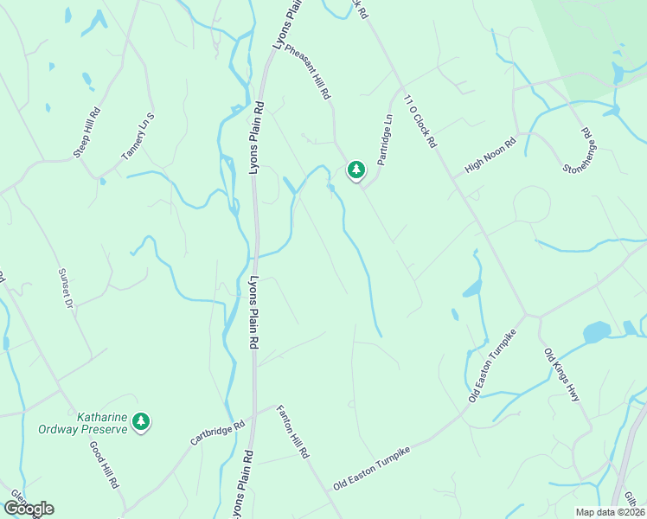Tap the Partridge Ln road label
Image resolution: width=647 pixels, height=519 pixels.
(x=387, y=140)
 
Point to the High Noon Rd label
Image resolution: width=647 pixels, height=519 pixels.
(x=490, y=155)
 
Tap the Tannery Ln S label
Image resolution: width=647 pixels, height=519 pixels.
(x=138, y=137)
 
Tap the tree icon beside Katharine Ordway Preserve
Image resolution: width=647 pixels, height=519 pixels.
(x=141, y=422)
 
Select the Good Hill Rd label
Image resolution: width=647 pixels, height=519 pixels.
(x=104, y=466)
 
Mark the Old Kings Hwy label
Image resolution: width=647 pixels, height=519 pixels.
(x=561, y=374)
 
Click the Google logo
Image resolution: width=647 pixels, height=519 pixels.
(x=29, y=509)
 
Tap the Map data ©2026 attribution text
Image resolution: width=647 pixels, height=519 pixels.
(x=610, y=512)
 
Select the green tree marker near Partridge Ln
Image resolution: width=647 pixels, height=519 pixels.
(x=356, y=170)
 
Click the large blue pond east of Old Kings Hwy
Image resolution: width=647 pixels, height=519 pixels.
(x=596, y=332)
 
